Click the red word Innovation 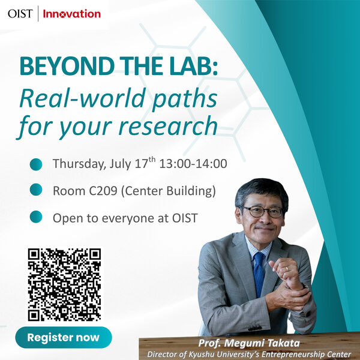(x=72, y=13)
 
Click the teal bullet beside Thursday (x=36, y=164)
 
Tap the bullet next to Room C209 (x=36, y=191)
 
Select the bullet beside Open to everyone (x=36, y=218)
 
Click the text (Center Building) (x=168, y=191)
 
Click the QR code (x=64, y=284)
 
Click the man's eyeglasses (x=262, y=211)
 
